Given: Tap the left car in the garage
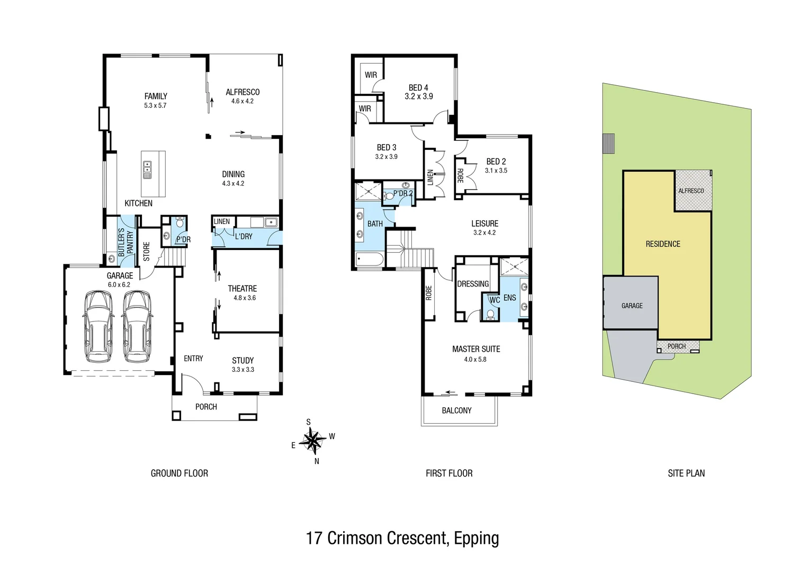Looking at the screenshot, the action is point(98,326).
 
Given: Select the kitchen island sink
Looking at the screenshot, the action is point(147,170).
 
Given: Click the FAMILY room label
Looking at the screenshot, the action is point(156,96).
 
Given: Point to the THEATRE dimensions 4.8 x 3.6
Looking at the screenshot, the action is point(245,298).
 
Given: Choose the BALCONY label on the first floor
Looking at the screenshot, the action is point(456,410).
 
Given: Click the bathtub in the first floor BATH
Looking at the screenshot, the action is point(370,259).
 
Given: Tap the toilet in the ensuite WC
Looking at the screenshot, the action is point(490,315).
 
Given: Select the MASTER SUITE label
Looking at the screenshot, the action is point(476,349).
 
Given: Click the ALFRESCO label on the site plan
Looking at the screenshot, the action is point(691,191).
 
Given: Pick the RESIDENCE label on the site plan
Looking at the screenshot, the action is point(663,244).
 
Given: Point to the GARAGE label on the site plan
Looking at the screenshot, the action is point(632,306).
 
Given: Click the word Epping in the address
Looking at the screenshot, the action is point(477,538).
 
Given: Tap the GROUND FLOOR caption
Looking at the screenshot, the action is point(179,473).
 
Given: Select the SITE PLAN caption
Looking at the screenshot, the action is point(686,473).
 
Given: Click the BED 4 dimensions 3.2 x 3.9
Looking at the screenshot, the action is point(419,96).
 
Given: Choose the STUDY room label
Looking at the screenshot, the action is point(242,360).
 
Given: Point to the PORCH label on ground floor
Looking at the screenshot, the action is point(206,407).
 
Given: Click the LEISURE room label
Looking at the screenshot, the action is point(484,224).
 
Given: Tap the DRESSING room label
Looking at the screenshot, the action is point(473,284).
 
